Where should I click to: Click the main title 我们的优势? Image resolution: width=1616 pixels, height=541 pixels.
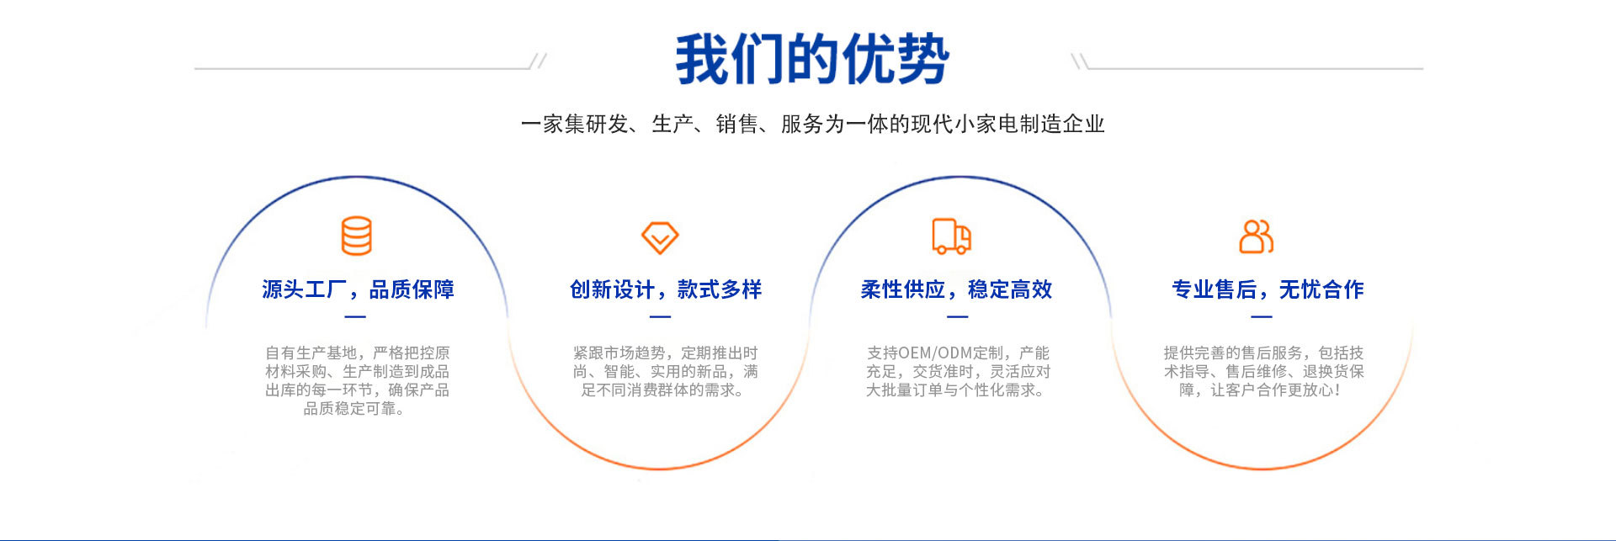812,59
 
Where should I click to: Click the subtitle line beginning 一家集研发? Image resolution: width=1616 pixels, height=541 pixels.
812,125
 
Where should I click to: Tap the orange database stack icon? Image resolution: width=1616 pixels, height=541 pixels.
356,236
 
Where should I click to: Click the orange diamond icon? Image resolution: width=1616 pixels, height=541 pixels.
660,237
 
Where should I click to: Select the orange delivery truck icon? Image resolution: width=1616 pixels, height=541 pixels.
952,236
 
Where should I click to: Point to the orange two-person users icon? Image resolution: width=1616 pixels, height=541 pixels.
1257,236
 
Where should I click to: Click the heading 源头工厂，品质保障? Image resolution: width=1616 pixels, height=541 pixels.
358,289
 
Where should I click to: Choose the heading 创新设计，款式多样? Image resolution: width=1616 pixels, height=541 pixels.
666,289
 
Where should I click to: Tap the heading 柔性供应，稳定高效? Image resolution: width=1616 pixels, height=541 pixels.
956,289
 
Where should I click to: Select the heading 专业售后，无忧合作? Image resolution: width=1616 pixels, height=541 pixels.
1268,289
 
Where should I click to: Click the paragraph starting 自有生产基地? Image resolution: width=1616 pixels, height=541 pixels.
357,380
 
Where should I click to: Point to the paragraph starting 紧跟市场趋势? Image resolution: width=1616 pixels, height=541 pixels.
665,371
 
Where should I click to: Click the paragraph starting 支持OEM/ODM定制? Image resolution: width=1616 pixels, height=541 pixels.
958,371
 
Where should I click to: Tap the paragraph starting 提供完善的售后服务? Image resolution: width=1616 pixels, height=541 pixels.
1263,371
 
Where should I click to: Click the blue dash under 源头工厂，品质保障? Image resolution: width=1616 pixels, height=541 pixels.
355,317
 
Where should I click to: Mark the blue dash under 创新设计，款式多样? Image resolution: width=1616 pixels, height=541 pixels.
660,317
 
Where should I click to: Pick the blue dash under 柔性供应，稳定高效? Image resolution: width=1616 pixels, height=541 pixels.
958,317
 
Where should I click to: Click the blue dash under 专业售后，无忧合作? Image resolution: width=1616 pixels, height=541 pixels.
1262,317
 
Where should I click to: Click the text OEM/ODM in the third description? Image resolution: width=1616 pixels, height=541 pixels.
935,353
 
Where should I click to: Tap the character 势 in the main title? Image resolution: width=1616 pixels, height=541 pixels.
922,59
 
